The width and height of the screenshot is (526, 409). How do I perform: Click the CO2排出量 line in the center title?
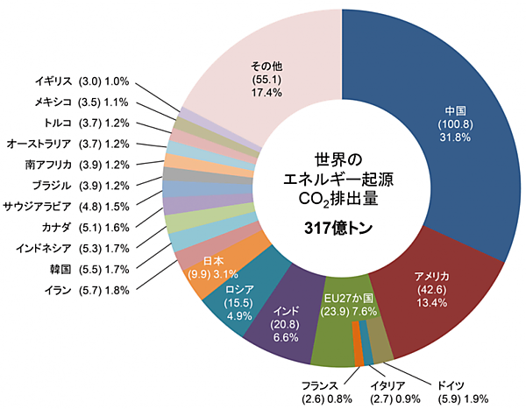[337, 199]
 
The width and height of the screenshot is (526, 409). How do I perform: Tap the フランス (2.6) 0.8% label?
[320, 392]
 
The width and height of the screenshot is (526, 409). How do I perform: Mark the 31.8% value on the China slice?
[455, 138]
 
